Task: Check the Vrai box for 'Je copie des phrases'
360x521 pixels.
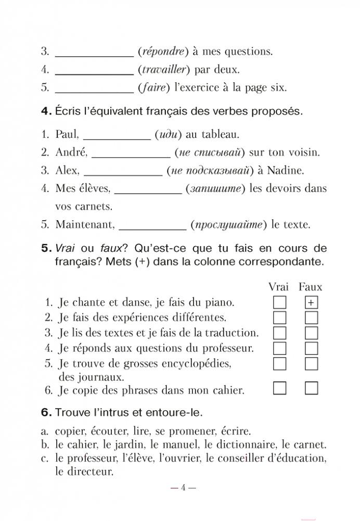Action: tap(280, 388)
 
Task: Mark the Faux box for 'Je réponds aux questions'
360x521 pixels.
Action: tap(311, 347)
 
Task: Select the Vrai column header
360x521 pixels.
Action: tap(279, 287)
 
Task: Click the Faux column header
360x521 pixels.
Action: tap(311, 287)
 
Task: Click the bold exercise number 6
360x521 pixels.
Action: tap(45, 413)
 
